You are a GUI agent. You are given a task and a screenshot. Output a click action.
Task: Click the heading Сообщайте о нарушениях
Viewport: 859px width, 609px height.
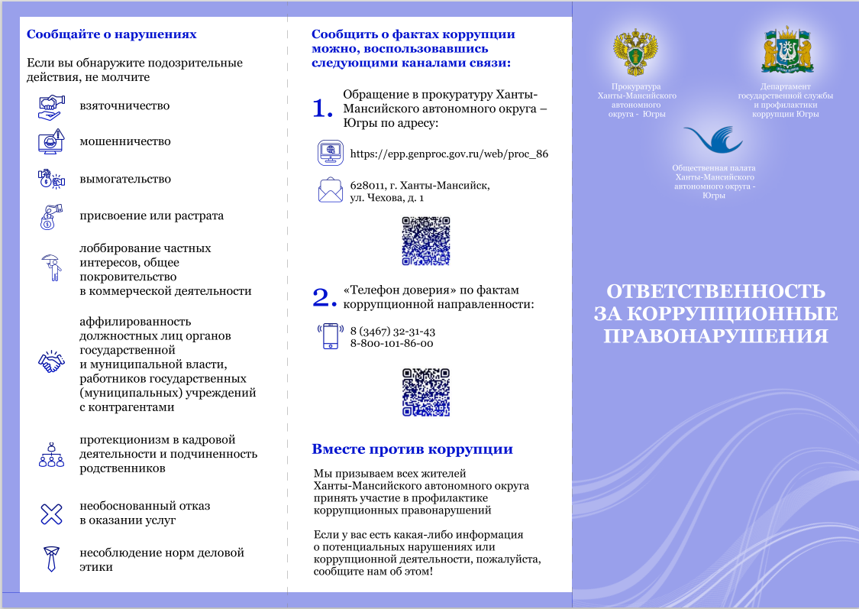pyautogui.click(x=111, y=34)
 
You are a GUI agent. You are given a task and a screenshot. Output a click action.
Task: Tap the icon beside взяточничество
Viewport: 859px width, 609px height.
pyautogui.click(x=50, y=106)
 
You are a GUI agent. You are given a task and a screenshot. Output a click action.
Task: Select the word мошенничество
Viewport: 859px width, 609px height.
pyautogui.click(x=125, y=141)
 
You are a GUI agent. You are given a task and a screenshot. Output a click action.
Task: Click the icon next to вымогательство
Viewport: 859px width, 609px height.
pyautogui.click(x=50, y=179)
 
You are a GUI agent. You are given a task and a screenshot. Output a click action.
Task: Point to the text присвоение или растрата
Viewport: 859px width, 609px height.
pyautogui.click(x=151, y=215)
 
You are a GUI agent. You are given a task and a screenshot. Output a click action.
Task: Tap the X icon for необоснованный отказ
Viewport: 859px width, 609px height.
pyautogui.click(x=50, y=513)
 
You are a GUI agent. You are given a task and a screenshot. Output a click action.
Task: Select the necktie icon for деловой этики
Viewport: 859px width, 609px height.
pyautogui.click(x=50, y=559)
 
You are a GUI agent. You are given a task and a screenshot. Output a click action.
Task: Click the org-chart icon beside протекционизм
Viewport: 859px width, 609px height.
pyautogui.click(x=50, y=454)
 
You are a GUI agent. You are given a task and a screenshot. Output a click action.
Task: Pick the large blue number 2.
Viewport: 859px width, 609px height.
pyautogui.click(x=324, y=298)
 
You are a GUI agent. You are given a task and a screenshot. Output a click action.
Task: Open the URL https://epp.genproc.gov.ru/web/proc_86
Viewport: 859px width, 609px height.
pyautogui.click(x=449, y=154)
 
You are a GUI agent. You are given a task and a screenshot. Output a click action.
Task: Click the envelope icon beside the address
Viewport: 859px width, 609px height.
pyautogui.click(x=331, y=190)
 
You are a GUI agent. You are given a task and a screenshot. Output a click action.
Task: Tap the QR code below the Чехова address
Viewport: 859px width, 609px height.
pyautogui.click(x=426, y=241)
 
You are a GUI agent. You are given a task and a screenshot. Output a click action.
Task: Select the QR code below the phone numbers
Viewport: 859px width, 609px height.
pyautogui.click(x=426, y=392)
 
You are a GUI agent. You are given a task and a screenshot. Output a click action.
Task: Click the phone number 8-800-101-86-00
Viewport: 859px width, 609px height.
pyautogui.click(x=391, y=344)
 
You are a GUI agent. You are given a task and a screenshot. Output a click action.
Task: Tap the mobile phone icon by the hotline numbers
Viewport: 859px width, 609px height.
pyautogui.click(x=330, y=336)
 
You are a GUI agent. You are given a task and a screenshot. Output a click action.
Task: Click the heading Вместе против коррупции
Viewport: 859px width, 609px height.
pyautogui.click(x=412, y=449)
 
